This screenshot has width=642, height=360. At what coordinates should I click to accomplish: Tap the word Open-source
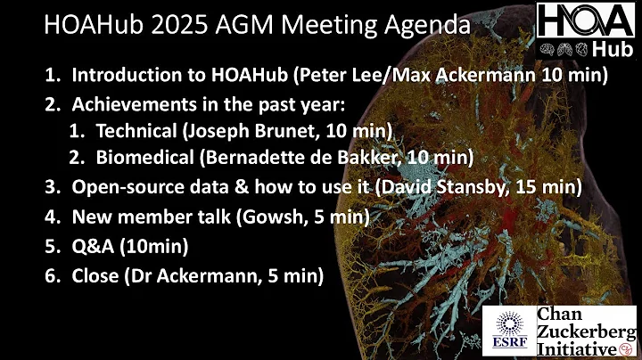coord(126,190)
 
